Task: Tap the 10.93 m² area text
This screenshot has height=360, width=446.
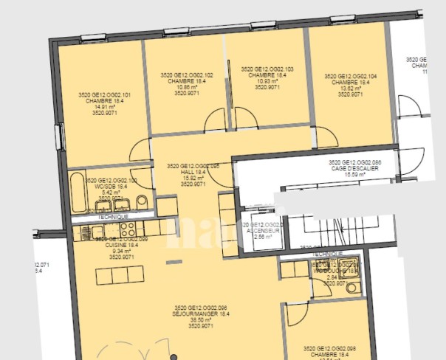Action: click(267, 81)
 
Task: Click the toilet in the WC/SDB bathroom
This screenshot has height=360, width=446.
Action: click(143, 201)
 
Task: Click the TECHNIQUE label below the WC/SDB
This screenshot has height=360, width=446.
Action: click(108, 216)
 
